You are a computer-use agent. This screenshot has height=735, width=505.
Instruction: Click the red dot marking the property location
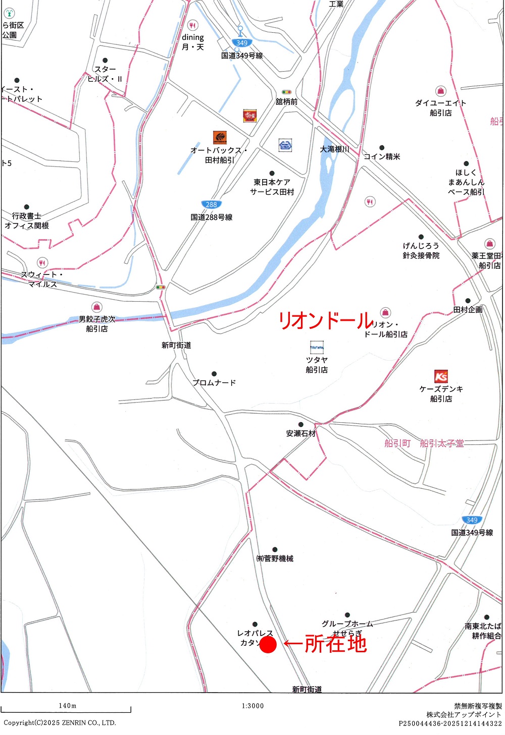[268, 644]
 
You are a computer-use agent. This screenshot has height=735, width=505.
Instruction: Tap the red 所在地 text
[335, 644]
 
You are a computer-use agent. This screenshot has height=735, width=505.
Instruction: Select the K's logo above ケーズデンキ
[441, 376]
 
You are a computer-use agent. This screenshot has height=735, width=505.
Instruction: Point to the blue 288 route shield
[211, 204]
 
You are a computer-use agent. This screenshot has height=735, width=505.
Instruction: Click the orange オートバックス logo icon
[220, 137]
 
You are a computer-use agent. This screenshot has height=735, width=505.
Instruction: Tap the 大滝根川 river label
[334, 149]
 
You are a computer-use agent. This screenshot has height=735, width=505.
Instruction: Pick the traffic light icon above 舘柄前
[286, 92]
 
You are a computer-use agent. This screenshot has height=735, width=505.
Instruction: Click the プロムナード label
[214, 382]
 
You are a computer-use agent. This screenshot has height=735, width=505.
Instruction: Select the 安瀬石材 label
[300, 433]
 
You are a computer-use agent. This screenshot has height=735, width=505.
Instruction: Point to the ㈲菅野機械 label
[275, 558]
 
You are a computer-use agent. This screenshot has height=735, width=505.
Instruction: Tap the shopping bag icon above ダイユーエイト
[441, 91]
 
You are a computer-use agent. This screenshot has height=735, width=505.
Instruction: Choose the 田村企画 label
[468, 310]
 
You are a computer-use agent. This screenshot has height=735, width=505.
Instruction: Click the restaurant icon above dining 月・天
[192, 25]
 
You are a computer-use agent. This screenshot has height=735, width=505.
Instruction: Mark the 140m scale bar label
[67, 706]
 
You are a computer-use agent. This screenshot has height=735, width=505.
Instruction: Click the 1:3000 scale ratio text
[252, 706]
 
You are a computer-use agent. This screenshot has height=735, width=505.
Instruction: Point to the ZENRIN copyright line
[60, 722]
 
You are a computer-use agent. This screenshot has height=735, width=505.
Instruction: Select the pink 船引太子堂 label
[442, 443]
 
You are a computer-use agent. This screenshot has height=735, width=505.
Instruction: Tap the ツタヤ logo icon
[317, 347]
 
